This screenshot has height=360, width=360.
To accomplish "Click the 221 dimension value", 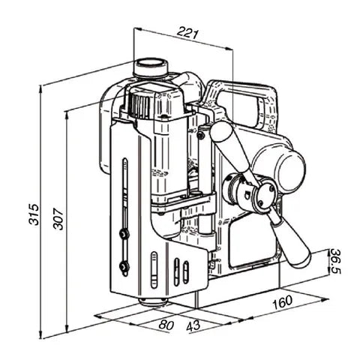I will click(188, 32).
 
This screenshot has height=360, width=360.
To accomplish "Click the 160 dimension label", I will click(280, 302).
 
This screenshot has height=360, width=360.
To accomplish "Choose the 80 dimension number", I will click(166, 325).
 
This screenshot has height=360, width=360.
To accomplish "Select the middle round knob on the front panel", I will click(122, 234).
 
